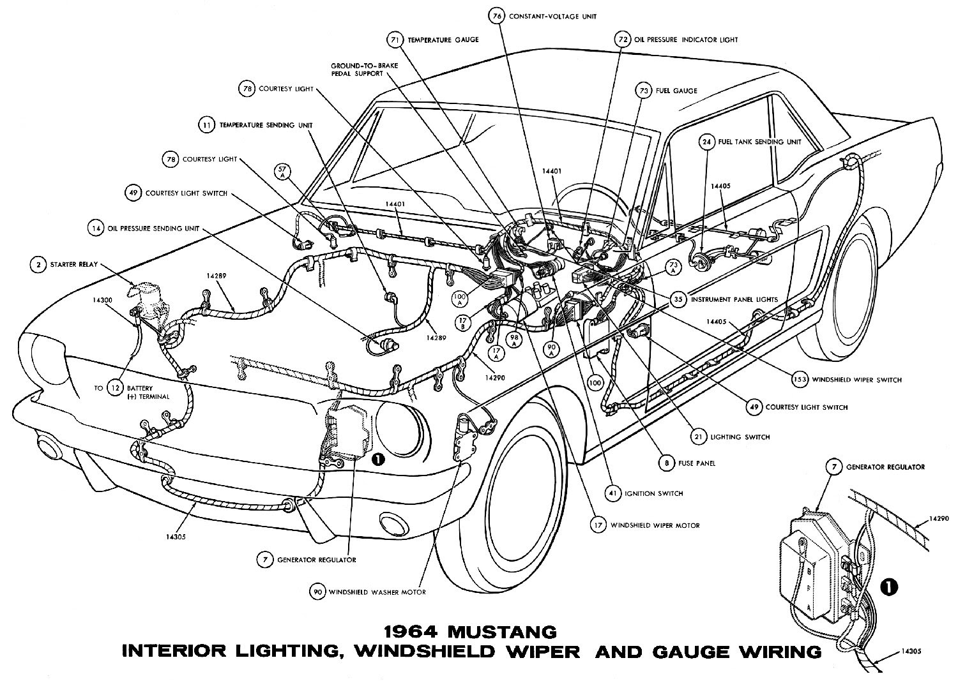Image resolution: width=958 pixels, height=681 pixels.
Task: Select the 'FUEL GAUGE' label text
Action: click(676, 91)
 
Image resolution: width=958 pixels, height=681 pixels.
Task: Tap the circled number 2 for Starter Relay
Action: click(39, 264)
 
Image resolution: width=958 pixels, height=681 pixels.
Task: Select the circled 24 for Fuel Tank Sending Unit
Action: click(706, 142)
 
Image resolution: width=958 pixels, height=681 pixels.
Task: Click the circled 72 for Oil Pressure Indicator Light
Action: click(621, 40)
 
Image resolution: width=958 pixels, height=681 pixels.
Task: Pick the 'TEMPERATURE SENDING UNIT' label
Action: click(266, 126)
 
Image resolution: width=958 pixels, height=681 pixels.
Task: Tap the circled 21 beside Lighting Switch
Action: click(699, 437)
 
